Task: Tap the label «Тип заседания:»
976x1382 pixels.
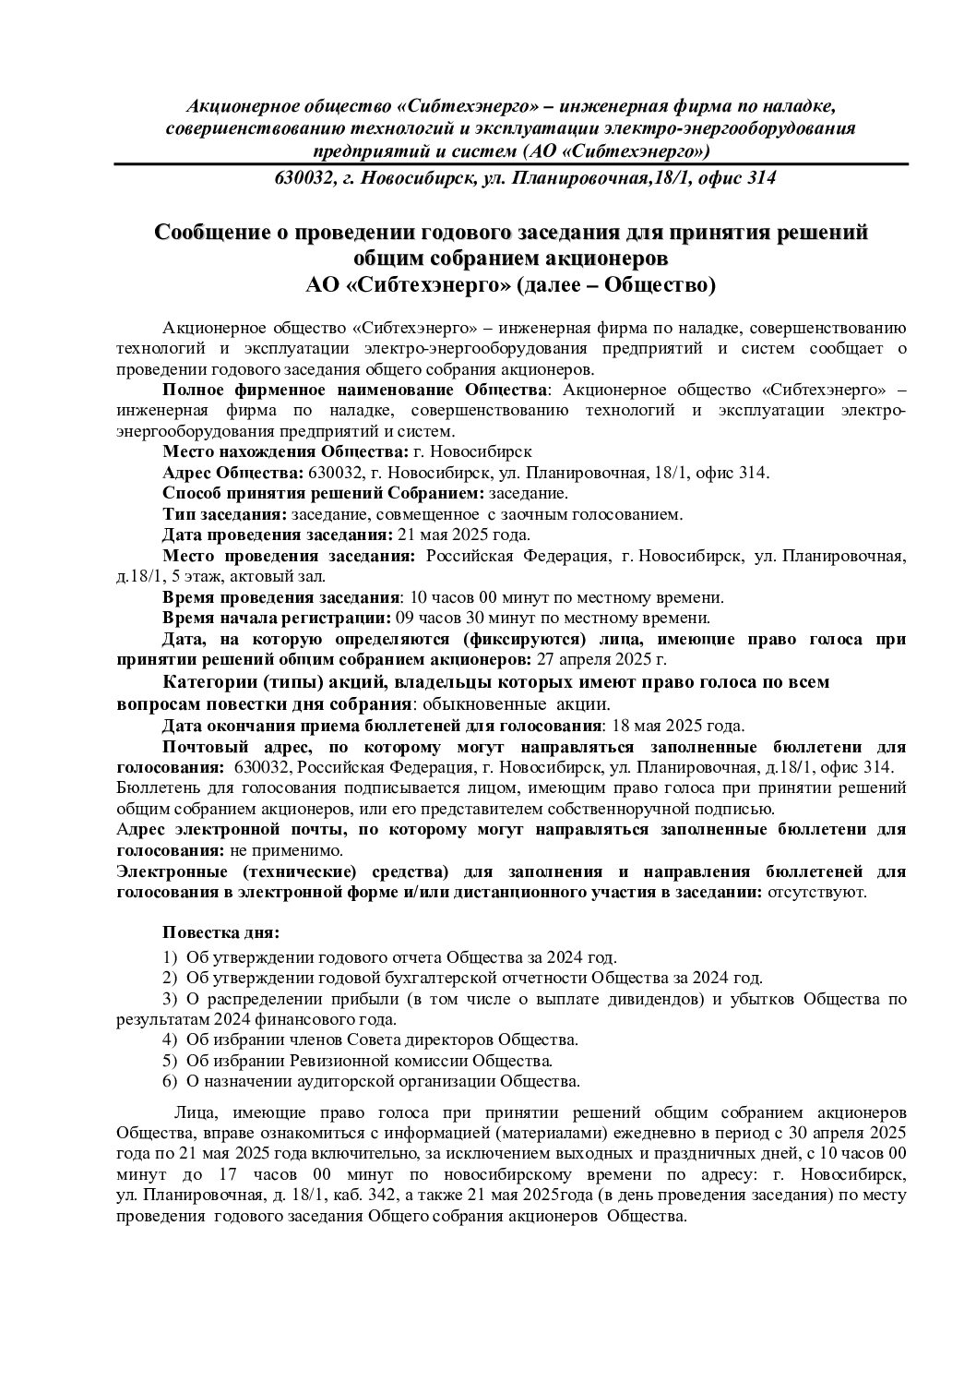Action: pos(225,513)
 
